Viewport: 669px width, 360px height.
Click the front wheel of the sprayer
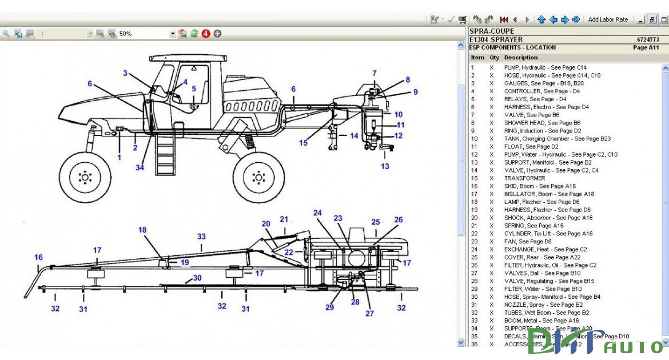tap(85, 177)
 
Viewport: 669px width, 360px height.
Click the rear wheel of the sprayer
tap(259, 177)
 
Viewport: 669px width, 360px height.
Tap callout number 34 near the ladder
tap(140, 167)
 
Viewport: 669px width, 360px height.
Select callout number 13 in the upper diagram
tap(385, 166)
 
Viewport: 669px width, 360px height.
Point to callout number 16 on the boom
tap(38, 258)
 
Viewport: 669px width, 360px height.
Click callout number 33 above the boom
tap(201, 236)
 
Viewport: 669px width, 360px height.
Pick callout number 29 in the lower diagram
tap(329, 307)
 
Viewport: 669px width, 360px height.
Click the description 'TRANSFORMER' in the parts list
tap(524, 178)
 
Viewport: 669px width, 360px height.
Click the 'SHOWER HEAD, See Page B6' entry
tap(542, 123)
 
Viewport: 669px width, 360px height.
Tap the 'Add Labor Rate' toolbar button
tap(608, 19)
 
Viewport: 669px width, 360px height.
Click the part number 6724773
tap(647, 40)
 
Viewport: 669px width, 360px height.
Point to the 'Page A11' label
tap(646, 48)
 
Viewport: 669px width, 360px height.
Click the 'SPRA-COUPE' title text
tap(491, 31)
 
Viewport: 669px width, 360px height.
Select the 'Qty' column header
tap(494, 58)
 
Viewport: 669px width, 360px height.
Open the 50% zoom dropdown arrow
tap(173, 34)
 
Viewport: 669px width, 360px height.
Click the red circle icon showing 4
tap(206, 34)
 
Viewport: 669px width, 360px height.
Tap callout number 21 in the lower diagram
tap(284, 219)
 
